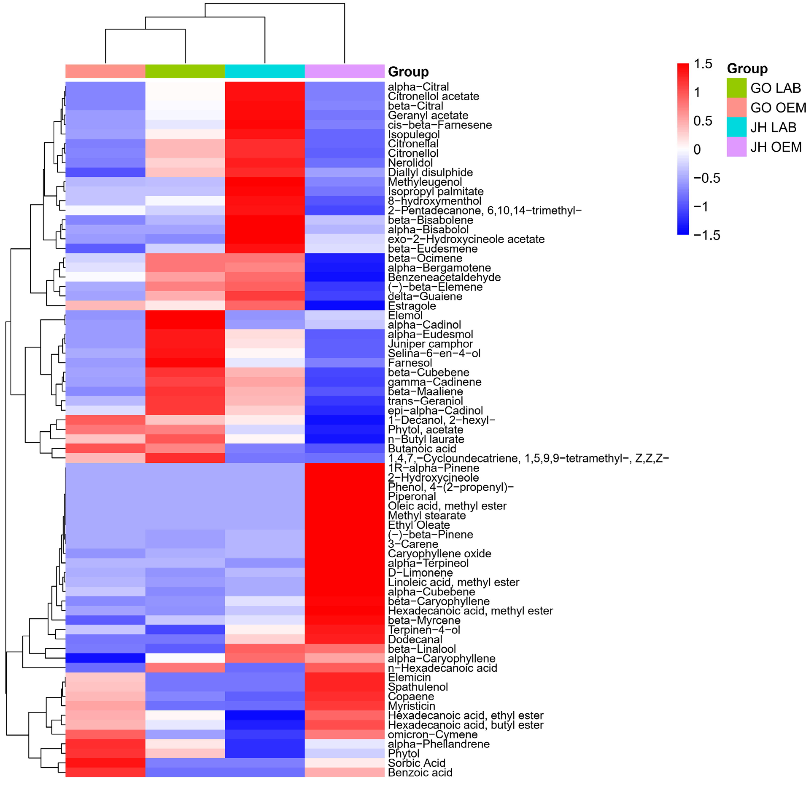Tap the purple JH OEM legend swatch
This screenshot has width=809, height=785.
click(736, 147)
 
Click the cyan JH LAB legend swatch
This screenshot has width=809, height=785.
click(736, 127)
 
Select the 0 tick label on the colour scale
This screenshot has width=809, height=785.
click(697, 149)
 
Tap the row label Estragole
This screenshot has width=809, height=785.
click(412, 306)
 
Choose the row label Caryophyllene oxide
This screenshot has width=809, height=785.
click(439, 553)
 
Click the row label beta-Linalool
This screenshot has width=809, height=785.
click(422, 649)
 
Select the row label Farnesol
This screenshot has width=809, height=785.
click(410, 363)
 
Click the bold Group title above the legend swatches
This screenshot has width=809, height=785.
click(747, 69)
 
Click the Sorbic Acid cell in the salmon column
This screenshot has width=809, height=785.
click(105, 763)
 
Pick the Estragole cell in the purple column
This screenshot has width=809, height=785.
click(344, 305)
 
